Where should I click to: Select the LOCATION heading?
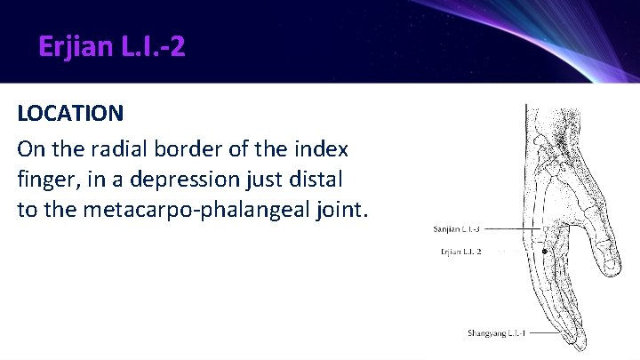coord(70,114)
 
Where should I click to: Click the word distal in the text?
coord(318,179)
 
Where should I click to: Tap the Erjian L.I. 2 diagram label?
coord(460,252)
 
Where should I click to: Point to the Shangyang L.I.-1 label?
coord(497,333)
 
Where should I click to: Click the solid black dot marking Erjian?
coord(544,252)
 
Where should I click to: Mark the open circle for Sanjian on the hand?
coord(545,229)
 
